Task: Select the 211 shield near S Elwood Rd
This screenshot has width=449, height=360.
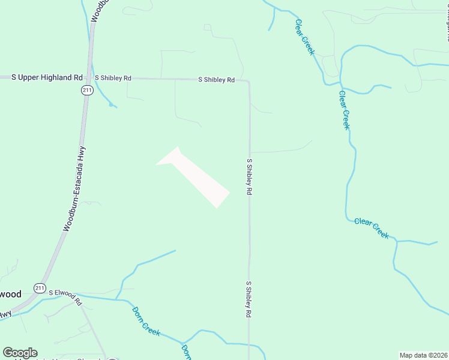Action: pyautogui.click(x=40, y=287)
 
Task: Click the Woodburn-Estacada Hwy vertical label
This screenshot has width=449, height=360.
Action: pyautogui.click(x=75, y=189)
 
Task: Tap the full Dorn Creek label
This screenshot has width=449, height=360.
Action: pyautogui.click(x=146, y=320)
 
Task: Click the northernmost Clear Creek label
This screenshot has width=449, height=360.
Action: pyautogui.click(x=304, y=37)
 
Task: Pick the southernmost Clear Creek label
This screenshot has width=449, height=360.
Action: pyautogui.click(x=372, y=228)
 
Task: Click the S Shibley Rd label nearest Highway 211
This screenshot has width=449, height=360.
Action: pyautogui.click(x=113, y=78)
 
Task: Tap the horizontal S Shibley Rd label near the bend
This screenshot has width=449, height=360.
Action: pyautogui.click(x=217, y=79)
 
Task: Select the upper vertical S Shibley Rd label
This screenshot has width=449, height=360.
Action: pyautogui.click(x=249, y=176)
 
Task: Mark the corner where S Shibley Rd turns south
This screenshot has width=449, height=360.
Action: pyautogui.click(x=249, y=82)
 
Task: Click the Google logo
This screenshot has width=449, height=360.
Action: pyautogui.click(x=20, y=353)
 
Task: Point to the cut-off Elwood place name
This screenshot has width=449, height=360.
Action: pyautogui.click(x=10, y=294)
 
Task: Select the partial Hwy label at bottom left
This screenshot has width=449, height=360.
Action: pyautogui.click(x=5, y=314)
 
